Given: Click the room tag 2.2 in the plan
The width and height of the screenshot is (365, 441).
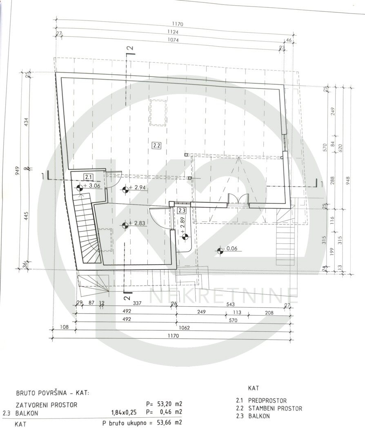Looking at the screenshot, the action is click(156, 145).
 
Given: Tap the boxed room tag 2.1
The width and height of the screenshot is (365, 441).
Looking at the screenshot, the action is click(89, 177).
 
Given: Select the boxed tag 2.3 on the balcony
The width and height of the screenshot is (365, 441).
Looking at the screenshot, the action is click(182, 210).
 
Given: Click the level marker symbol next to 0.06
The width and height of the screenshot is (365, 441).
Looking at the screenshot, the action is click(220, 250).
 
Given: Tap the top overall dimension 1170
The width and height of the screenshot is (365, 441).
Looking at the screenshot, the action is click(177, 24).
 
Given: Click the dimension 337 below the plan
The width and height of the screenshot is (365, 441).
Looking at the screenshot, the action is click(137, 303).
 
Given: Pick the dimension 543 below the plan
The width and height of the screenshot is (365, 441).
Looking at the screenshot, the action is click(230, 304).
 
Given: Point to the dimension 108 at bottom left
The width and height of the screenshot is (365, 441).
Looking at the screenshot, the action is click(65, 327).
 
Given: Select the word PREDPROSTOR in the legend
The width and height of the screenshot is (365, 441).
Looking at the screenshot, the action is click(267, 401).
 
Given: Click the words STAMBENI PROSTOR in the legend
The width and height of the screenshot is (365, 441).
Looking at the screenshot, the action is click(275, 408).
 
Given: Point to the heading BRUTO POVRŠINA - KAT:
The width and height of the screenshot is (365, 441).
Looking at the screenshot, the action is click(53, 393).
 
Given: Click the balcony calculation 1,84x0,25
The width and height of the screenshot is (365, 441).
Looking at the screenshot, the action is click(124, 412).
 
